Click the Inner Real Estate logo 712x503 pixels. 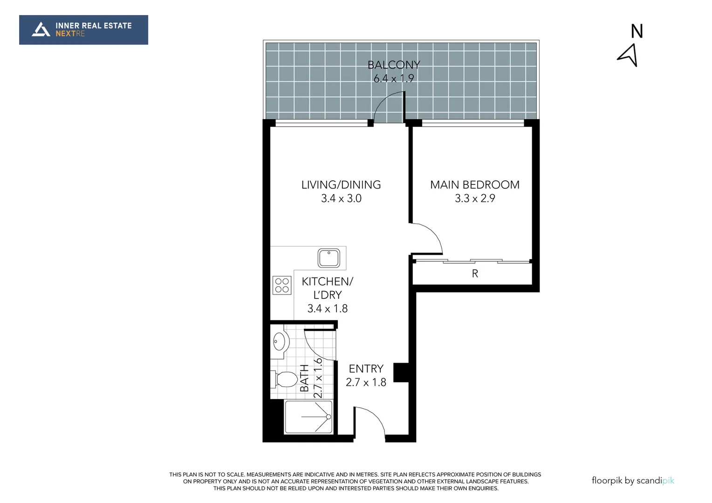pos(83,30)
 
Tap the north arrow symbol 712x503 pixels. pos(628,55)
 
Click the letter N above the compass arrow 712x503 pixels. pos(637,32)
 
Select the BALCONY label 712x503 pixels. pos(394,65)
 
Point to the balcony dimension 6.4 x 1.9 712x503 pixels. pos(394,78)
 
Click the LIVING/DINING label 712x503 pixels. pos(341,185)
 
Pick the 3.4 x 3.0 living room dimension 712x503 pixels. pos(341,198)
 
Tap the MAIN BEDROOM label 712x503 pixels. pos(474,185)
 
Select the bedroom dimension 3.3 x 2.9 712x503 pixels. pos(474,198)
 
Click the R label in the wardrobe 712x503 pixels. pos(475,274)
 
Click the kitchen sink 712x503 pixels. pos(329,258)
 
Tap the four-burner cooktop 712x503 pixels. pos(282,285)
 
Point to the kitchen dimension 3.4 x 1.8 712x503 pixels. pos(327,308)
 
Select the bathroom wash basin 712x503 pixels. pos(279,342)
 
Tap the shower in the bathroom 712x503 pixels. pos(308,417)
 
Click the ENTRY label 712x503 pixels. pos(366,369)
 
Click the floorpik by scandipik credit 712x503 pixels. pos(633,481)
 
